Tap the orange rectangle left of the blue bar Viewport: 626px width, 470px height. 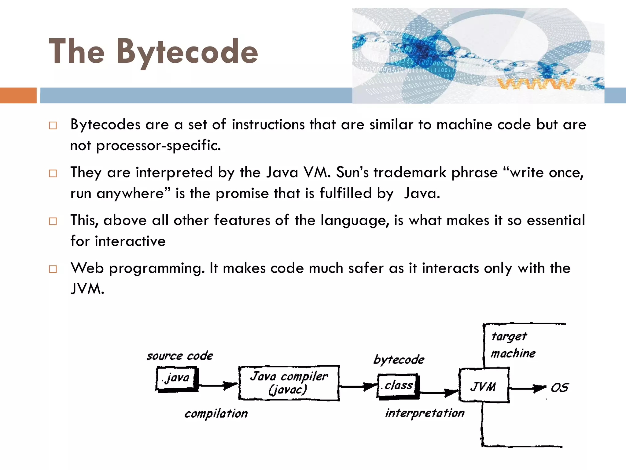coord(18,95)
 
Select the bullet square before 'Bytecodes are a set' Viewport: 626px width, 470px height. coord(53,125)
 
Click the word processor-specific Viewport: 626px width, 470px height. coord(158,145)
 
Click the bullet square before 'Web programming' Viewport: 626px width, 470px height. coord(53,269)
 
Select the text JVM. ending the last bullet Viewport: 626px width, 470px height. coord(87,289)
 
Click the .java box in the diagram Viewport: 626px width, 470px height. coord(176,379)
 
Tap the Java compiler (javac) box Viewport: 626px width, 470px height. coord(289,382)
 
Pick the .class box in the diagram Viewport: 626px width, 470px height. coord(398,386)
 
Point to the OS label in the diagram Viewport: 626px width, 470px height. coord(559,388)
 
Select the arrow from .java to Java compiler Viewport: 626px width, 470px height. coord(218,386)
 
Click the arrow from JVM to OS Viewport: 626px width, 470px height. coord(527,389)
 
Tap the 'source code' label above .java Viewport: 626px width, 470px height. coord(180,356)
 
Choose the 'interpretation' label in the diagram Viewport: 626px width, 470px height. coord(425,413)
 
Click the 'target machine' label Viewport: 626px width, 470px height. coord(513,345)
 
